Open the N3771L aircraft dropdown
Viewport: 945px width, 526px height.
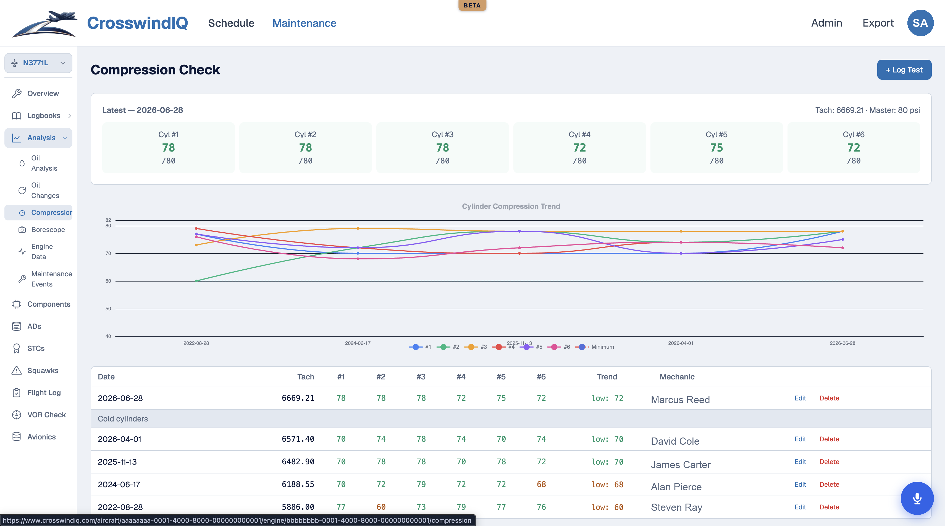coord(38,63)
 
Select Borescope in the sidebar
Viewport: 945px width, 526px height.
coord(48,230)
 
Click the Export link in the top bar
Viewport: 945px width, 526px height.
coord(878,23)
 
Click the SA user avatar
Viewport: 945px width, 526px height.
coord(920,23)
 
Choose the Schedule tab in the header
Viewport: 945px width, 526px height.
coord(231,23)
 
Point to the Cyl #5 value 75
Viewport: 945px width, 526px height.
coord(716,148)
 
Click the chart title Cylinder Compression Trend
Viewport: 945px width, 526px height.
coord(511,206)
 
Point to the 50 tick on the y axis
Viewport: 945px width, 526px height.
coord(108,309)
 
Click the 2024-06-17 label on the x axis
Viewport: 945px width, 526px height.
coord(358,343)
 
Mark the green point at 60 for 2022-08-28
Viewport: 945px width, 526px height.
coord(196,281)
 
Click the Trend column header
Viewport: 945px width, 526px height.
coord(607,377)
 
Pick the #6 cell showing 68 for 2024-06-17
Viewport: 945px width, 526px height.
coord(541,485)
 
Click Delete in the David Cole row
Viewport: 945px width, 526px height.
coord(829,439)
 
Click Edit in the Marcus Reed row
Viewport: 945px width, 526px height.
coord(800,398)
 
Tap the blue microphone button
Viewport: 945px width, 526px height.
coord(917,498)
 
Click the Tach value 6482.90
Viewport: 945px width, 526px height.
coord(298,462)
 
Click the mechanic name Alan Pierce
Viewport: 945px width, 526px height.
coord(676,487)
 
